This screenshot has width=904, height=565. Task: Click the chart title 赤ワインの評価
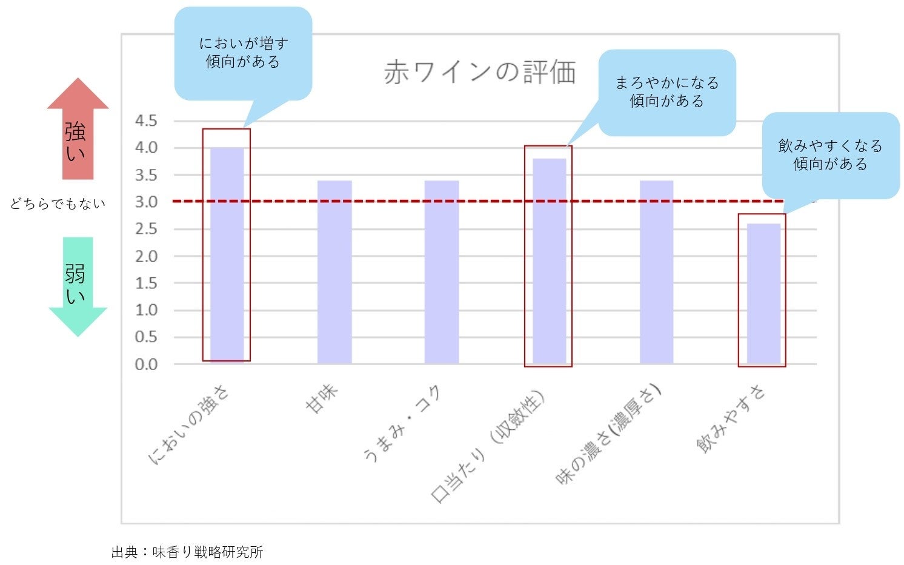pyautogui.click(x=479, y=73)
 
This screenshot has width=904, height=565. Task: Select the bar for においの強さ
pyautogui.click(x=227, y=254)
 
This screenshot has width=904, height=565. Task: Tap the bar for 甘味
pyautogui.click(x=334, y=273)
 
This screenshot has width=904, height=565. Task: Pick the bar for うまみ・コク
pyautogui.click(x=441, y=273)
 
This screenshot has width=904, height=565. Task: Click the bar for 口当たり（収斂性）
pyautogui.click(x=549, y=260)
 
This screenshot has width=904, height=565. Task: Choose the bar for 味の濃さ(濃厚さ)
pyautogui.click(x=656, y=273)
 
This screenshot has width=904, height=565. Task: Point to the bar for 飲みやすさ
pyautogui.click(x=763, y=294)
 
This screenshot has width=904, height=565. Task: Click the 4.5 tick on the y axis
pyautogui.click(x=145, y=121)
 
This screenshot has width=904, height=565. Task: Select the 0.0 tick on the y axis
pyautogui.click(x=145, y=365)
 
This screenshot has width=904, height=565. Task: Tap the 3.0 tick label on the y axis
pyautogui.click(x=145, y=202)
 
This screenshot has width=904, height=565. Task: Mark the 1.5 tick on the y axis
pyautogui.click(x=145, y=283)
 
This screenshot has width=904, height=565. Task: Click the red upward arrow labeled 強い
pyautogui.click(x=78, y=130)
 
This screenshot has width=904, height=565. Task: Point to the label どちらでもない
pyautogui.click(x=58, y=204)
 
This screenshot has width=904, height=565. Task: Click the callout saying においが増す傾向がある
pyautogui.click(x=243, y=53)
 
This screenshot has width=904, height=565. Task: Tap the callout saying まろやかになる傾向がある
pyautogui.click(x=667, y=92)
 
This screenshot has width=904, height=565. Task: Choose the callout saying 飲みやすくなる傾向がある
pyautogui.click(x=831, y=155)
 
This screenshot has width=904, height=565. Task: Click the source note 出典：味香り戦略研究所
pyautogui.click(x=187, y=552)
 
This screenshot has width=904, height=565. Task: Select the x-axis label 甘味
pyautogui.click(x=322, y=400)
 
